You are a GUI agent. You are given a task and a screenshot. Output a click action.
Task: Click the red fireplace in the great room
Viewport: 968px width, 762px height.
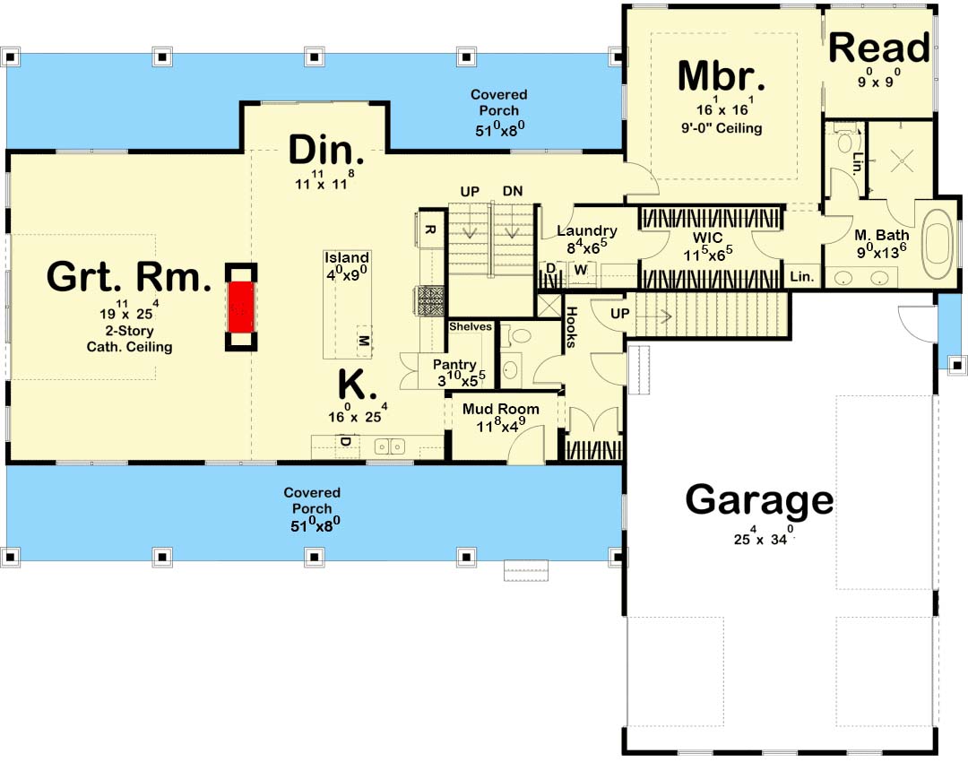point(241,307)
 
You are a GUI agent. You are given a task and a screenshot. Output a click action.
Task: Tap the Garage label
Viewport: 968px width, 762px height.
point(759,500)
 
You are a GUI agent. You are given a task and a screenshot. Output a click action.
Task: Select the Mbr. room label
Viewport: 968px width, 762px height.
point(722,76)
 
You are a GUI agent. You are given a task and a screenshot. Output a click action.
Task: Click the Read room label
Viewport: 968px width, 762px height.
point(879,48)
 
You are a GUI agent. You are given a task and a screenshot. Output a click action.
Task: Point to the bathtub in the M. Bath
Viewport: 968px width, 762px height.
point(938,245)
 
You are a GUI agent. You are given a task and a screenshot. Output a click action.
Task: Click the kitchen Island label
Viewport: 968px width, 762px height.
point(347,257)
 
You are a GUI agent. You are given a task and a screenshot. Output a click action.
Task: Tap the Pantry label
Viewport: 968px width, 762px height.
point(454,365)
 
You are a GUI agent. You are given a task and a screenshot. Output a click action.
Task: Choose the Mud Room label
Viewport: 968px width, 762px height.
point(501,409)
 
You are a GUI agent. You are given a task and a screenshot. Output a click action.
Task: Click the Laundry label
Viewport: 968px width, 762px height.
point(586,231)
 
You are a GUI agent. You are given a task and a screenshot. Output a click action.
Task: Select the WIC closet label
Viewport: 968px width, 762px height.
point(707,238)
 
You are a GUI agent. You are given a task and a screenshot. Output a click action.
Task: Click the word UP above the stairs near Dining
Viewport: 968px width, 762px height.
point(470,192)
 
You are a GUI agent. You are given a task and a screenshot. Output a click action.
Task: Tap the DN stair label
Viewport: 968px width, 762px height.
point(513,191)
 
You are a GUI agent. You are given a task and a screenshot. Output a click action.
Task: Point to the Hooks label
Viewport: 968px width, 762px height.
point(572,326)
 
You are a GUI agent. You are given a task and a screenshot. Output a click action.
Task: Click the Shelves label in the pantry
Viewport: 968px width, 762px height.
point(471,326)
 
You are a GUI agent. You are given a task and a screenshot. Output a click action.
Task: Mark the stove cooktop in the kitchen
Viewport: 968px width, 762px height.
point(431,301)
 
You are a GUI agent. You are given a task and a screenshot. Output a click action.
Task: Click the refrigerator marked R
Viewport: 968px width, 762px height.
point(431,229)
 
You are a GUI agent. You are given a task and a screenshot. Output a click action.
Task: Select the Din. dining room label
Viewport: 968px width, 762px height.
point(326,150)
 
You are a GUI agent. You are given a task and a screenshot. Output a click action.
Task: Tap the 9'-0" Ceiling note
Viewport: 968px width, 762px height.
point(722,128)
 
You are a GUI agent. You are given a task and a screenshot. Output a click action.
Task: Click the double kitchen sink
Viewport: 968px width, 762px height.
point(390,446)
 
